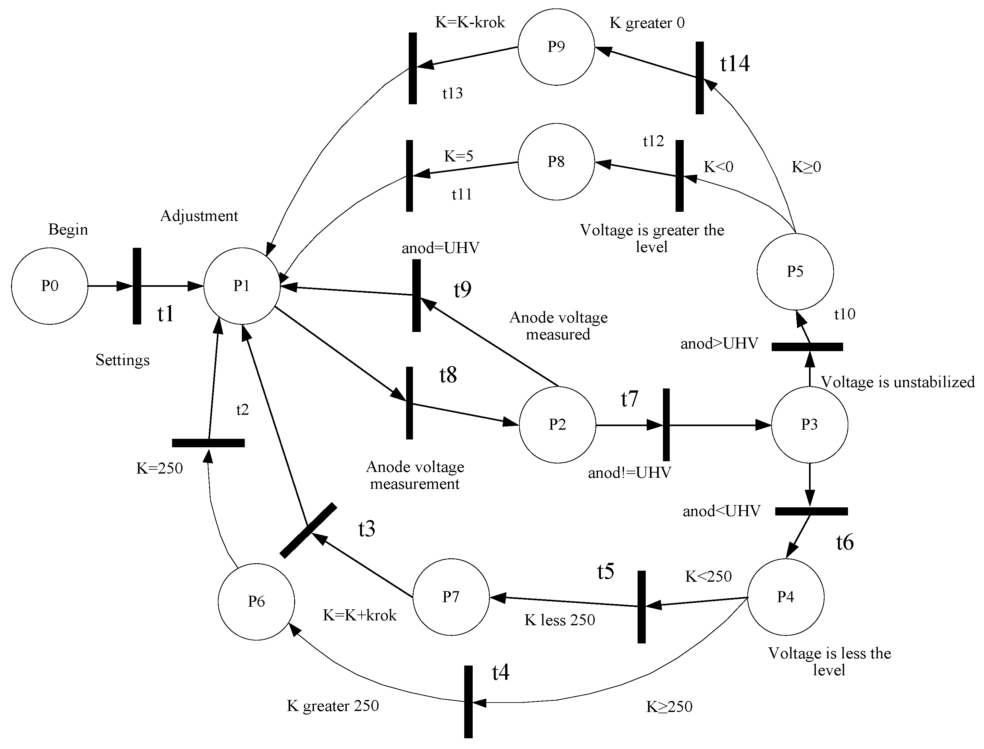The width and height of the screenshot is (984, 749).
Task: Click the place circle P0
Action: [49, 286]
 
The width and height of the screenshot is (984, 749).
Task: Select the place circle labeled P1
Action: [242, 286]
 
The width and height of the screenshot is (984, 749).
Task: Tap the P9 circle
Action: [556, 46]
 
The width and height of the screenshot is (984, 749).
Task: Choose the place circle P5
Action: [795, 271]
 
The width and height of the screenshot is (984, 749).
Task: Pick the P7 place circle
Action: [451, 597]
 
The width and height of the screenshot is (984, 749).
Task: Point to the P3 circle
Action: [809, 425]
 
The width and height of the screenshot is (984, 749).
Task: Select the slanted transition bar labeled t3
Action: [308, 530]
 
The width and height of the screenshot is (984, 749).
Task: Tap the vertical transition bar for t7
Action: [666, 425]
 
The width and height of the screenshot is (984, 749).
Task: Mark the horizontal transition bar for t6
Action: [811, 511]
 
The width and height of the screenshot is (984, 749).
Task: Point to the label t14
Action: [734, 64]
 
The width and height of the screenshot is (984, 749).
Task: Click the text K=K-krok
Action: [470, 22]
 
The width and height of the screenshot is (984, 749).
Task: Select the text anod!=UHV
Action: [629, 473]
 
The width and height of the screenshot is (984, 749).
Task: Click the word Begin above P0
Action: [68, 229]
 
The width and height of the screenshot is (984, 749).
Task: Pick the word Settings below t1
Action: [123, 360]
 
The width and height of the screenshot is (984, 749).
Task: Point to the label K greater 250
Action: [332, 706]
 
